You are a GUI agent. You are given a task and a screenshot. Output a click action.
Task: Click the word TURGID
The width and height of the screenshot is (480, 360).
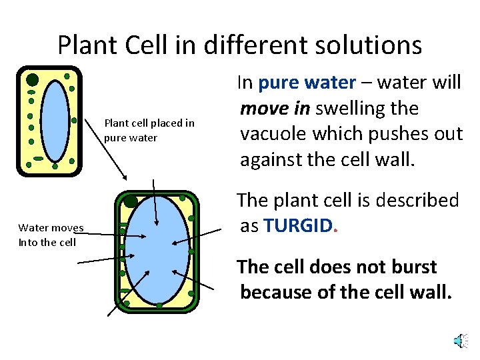(x=297, y=225)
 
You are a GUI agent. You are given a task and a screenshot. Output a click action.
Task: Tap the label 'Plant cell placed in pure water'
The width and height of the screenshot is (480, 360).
(x=149, y=131)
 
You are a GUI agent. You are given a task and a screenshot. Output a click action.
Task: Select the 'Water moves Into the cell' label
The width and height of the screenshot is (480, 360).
(x=51, y=235)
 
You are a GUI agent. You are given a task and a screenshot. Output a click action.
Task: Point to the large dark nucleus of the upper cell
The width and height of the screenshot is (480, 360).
(x=33, y=80)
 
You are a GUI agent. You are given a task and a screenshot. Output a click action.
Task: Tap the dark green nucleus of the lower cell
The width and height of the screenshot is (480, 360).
(x=131, y=201)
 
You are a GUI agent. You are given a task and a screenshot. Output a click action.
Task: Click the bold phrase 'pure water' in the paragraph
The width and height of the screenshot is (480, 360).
(x=307, y=83)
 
